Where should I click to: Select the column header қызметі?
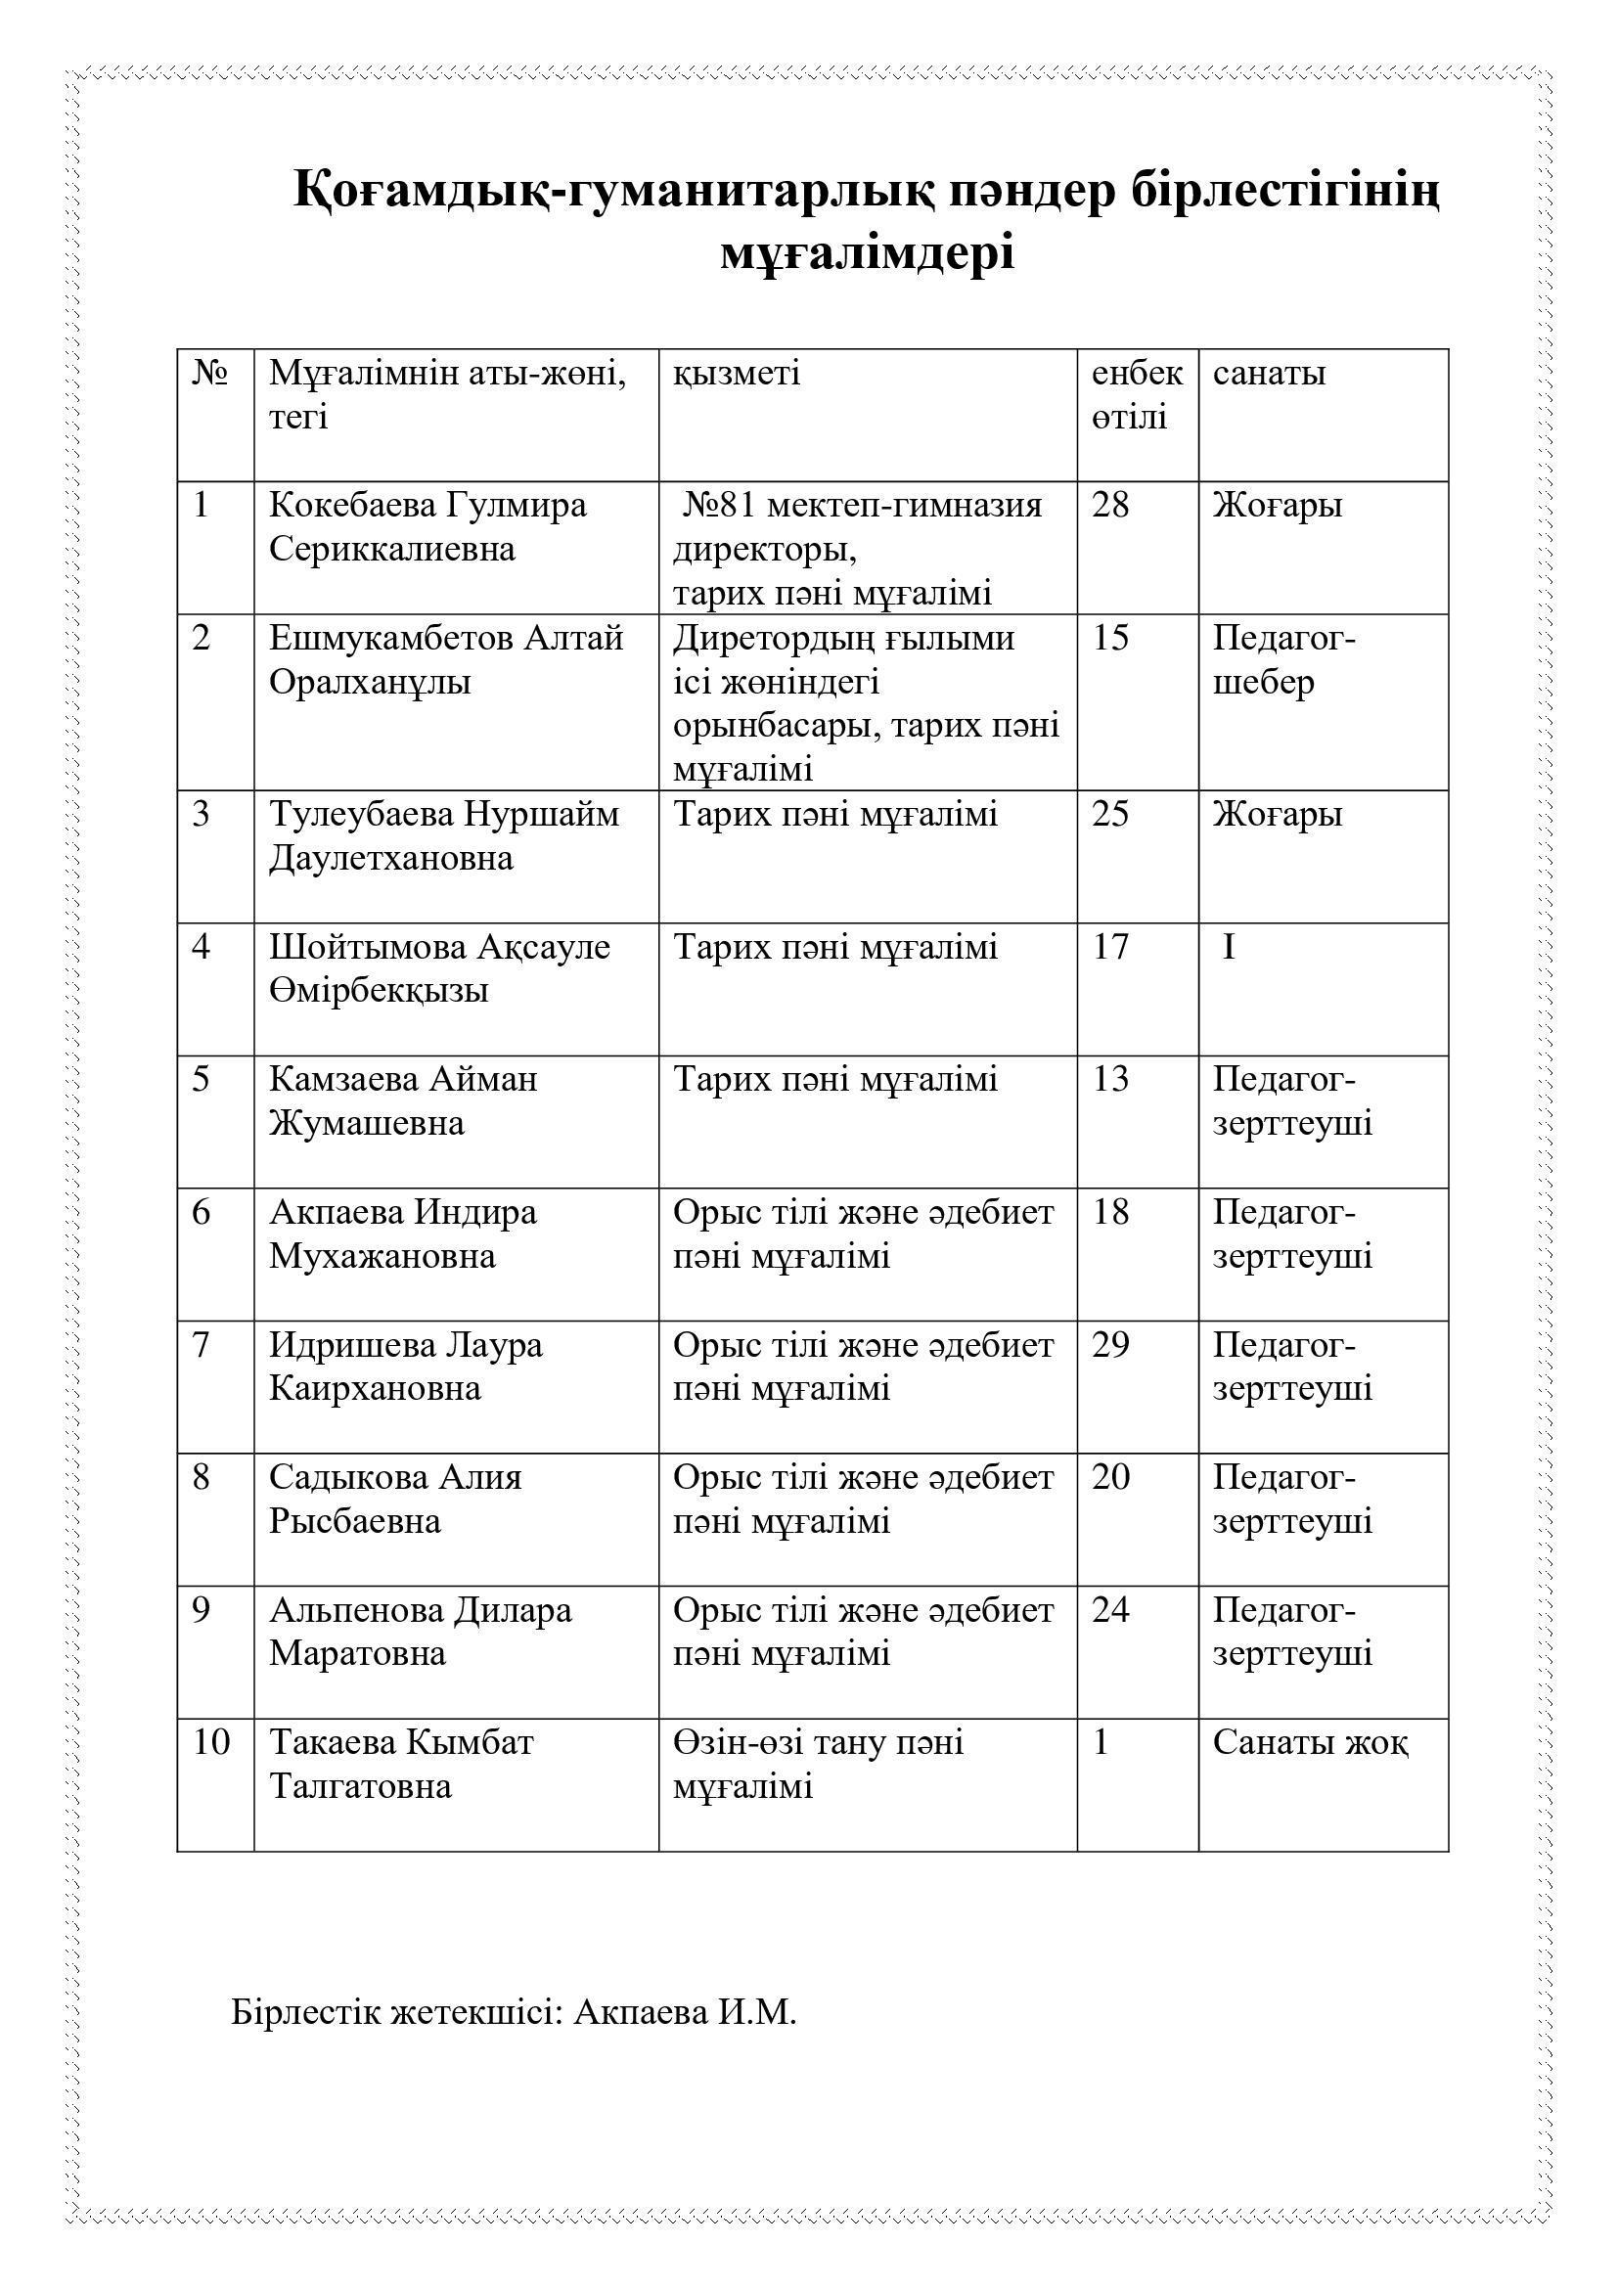pos(737,374)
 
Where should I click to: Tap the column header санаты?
pos(1269,374)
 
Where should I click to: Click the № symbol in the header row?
pos(210,374)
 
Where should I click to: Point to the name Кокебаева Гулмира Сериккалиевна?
pos(427,527)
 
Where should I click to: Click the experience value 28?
pos(1110,505)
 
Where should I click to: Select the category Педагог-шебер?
pos(1283,659)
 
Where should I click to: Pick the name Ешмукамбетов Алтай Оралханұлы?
pos(445,659)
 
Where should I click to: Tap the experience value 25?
pos(1110,814)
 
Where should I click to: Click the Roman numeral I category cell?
pos(1229,947)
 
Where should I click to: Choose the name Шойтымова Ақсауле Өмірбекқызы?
pos(438,968)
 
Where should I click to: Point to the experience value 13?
pos(1110,1079)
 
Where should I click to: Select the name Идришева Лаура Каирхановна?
pos(406,1367)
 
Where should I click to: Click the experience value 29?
pos(1110,1345)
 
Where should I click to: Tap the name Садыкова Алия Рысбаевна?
pos(394,1499)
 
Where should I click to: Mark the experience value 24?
pos(1110,1609)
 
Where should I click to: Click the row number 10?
pos(211,1742)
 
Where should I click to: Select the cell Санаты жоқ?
pos(1310,1742)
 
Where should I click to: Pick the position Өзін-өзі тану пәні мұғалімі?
pos(818,1764)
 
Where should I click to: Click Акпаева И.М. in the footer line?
pos(686,2012)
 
